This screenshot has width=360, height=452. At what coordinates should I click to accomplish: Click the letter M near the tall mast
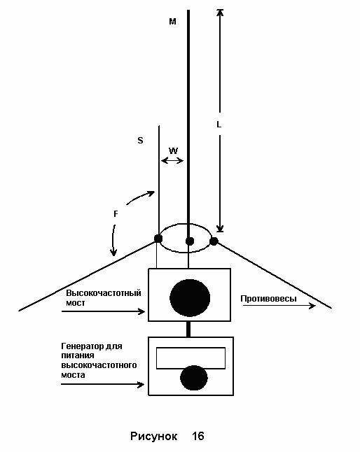172,22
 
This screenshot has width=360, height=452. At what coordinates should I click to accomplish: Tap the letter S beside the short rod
140,141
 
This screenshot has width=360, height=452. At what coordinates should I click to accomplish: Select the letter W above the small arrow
174,150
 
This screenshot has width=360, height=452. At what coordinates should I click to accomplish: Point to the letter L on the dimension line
219,125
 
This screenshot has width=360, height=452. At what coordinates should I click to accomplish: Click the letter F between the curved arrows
116,214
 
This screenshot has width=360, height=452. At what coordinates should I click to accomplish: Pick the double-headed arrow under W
172,160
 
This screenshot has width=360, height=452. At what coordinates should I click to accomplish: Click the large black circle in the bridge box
190,298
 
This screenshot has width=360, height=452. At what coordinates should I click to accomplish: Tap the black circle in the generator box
194,378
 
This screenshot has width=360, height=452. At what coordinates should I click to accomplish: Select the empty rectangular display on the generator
191,358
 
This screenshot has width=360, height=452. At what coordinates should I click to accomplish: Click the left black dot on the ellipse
158,239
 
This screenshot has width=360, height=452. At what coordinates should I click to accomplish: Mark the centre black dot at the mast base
190,241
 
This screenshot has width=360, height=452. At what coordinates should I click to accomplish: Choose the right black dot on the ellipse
214,241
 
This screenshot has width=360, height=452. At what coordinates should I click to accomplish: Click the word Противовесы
268,299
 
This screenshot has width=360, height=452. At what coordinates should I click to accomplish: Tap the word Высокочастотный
104,293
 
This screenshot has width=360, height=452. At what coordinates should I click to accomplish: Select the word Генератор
83,346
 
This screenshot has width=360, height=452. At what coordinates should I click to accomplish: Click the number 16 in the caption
198,436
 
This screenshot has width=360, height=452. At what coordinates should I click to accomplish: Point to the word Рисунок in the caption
154,437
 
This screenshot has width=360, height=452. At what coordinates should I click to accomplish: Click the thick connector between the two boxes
188,329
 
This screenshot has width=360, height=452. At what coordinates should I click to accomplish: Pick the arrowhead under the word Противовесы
312,306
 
